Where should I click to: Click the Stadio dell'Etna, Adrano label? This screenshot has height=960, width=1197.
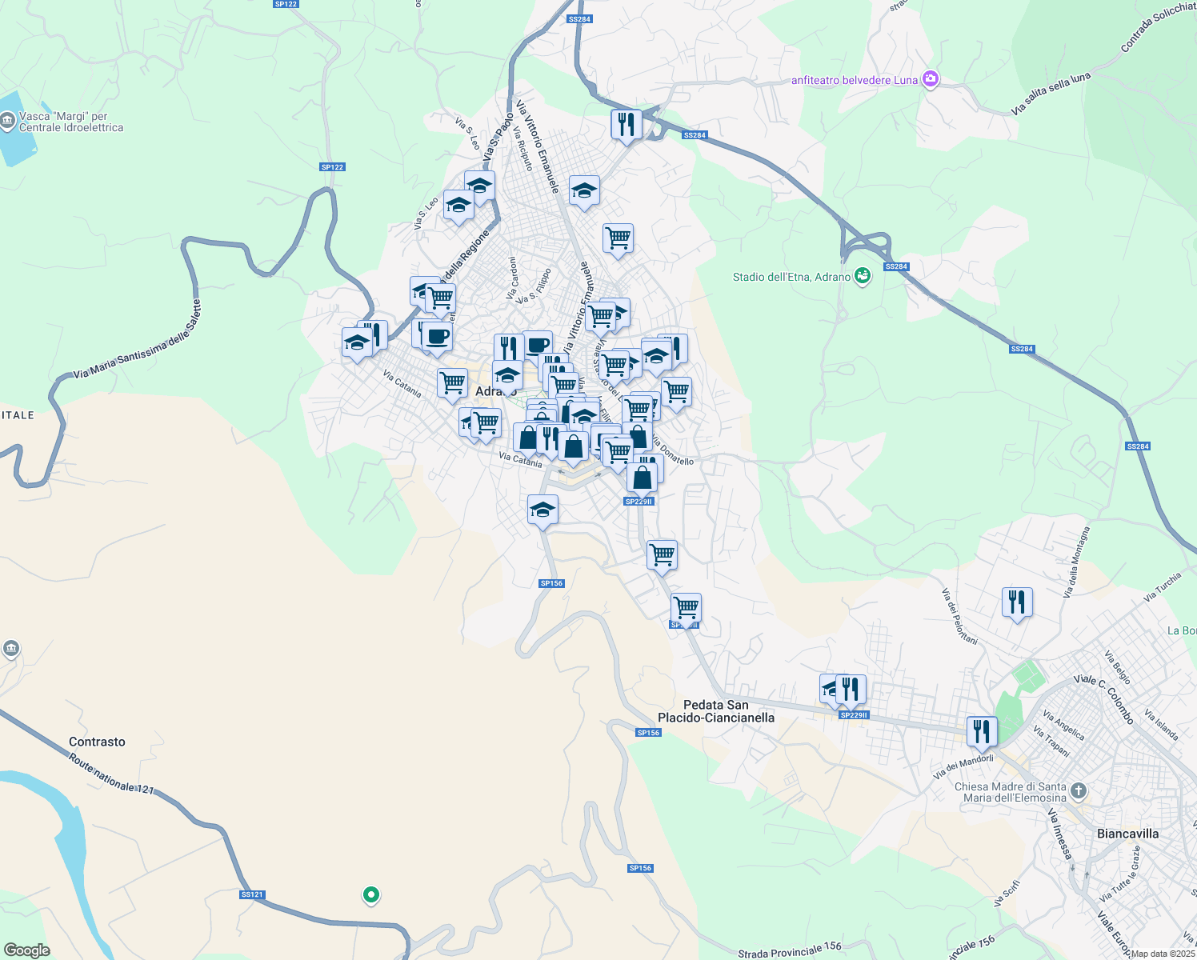pyautogui.click(x=791, y=277)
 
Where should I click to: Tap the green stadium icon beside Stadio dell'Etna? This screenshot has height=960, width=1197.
pyautogui.click(x=862, y=276)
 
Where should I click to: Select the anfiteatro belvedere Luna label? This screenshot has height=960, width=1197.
pyautogui.click(x=854, y=80)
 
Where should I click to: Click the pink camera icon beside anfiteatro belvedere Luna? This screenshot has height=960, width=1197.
pyautogui.click(x=930, y=79)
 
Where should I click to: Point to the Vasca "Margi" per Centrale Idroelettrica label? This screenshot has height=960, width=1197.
pyautogui.click(x=71, y=122)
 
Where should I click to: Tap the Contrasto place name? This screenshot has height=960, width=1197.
pyautogui.click(x=97, y=742)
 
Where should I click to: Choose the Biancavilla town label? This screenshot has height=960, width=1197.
pyautogui.click(x=1127, y=834)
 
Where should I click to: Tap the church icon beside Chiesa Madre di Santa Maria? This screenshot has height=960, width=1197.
pyautogui.click(x=1079, y=791)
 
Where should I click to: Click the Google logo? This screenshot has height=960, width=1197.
pyautogui.click(x=26, y=950)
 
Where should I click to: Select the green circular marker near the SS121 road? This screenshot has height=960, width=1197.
pyautogui.click(x=370, y=894)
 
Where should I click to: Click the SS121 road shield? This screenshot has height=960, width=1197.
pyautogui.click(x=251, y=894)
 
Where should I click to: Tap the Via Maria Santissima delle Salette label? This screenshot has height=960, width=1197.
pyautogui.click(x=137, y=339)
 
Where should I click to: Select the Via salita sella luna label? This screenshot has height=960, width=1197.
pyautogui.click(x=1050, y=94)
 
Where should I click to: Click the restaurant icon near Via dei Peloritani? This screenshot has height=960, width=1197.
pyautogui.click(x=1017, y=602)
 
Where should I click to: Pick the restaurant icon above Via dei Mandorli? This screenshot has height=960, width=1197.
pyautogui.click(x=982, y=730)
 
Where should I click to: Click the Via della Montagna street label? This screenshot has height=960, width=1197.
pyautogui.click(x=1077, y=562)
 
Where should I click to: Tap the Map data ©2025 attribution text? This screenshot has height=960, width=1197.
pyautogui.click(x=1163, y=954)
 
